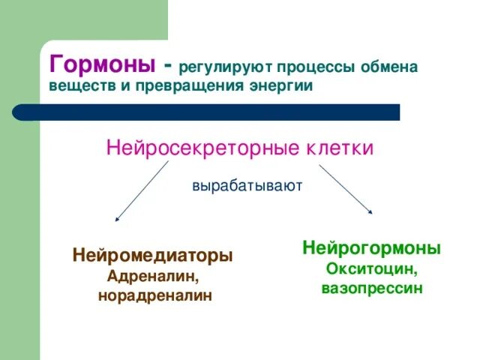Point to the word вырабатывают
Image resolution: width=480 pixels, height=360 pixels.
(x=247, y=185)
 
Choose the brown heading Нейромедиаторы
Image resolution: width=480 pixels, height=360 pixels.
(x=152, y=256)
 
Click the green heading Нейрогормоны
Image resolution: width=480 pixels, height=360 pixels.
(x=371, y=248)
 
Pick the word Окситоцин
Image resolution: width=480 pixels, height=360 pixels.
(x=372, y=268)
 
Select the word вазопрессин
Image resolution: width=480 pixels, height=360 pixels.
(x=372, y=288)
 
